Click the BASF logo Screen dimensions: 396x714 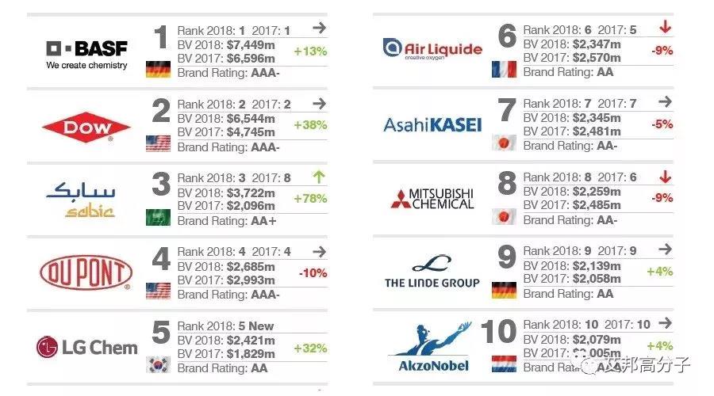tap(86, 53)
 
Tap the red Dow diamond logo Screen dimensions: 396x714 tap(86, 127)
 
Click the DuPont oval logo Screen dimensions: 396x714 tap(86, 273)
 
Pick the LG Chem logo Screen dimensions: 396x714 tap(86, 347)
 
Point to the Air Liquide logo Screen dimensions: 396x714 tap(432, 50)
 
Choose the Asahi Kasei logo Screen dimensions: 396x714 tap(432, 124)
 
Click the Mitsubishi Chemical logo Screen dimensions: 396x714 tap(432, 198)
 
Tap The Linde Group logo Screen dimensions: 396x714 tap(432, 272)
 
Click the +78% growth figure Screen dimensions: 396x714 tap(309, 198)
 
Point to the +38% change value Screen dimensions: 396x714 tap(309, 124)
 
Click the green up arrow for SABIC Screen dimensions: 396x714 tap(319, 177)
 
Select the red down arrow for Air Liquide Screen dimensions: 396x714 tap(665, 29)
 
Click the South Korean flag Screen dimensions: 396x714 tap(159, 364)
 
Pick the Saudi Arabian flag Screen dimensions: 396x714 tap(159, 217)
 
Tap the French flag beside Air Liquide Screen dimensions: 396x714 tap(504, 69)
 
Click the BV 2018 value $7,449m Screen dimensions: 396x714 tap(249, 44)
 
